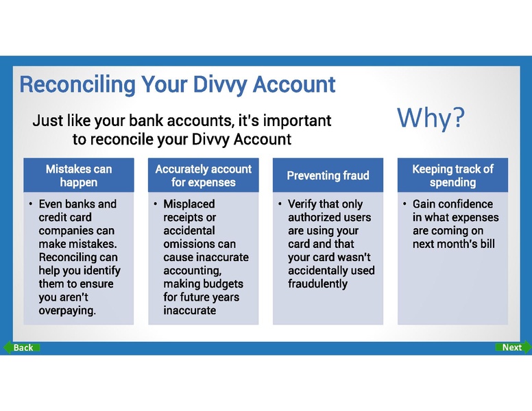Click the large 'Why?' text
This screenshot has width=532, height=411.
pos(431,118)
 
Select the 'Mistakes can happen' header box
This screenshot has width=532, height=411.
pos(79,175)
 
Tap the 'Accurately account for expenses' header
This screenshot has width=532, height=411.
pos(203,175)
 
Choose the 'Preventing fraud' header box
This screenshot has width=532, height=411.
pos(328,175)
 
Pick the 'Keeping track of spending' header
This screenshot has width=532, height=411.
pos(452,175)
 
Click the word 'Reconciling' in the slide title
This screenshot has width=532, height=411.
pos(77,85)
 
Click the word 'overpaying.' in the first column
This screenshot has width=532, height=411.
pos(68,311)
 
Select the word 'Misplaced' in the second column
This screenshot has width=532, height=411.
pos(189,204)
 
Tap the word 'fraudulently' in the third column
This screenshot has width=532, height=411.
pos(318,284)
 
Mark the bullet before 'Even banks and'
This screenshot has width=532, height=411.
pos(30,204)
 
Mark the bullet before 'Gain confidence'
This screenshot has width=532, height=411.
pos(404,204)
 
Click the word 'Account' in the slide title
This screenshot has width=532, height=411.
pos(295,85)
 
